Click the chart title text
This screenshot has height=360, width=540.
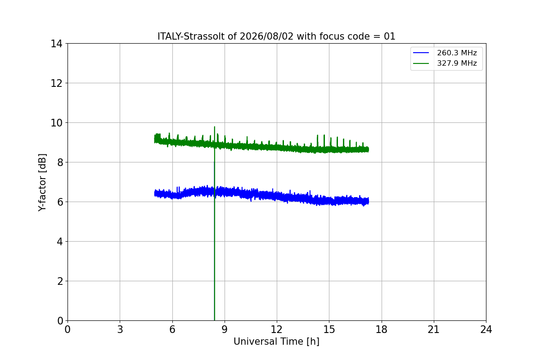point(276,36)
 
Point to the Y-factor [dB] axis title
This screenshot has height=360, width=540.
point(42,183)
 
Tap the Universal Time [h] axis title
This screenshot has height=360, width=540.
point(276,342)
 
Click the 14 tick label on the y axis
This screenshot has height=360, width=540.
point(56,44)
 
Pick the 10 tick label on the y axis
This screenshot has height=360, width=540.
point(56,123)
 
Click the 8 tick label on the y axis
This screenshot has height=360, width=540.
point(60,162)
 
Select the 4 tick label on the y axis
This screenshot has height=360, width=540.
point(60,242)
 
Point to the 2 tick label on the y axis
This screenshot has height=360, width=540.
point(60,281)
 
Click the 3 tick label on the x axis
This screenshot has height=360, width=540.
point(120,329)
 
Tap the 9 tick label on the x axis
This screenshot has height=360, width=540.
point(225,329)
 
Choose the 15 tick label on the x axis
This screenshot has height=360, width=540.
point(329,329)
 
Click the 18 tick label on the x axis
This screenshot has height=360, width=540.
point(382,329)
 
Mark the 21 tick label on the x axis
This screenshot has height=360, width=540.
point(434,329)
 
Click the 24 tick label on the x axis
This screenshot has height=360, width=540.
point(486,329)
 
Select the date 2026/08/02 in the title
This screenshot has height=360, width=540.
point(266,36)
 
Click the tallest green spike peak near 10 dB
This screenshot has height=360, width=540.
point(215,127)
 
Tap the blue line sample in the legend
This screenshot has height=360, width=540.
point(421,53)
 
